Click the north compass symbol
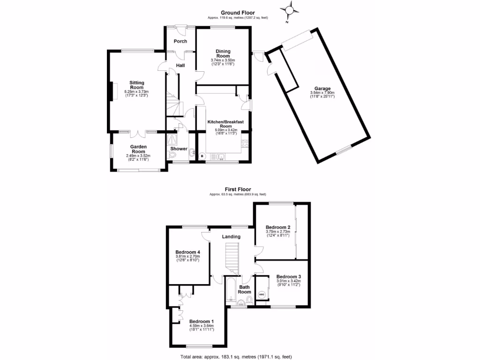pos(290,11)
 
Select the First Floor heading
pos(238,189)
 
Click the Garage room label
pos(322,89)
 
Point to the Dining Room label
pos(223,53)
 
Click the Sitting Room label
pos(136,85)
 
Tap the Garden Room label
pos(138,149)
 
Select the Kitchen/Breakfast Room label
pos(226,124)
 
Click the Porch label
pos(180,41)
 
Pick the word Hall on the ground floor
pos(180,65)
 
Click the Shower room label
pos(179,149)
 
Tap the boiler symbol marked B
pos(202,156)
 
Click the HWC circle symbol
pos(262,295)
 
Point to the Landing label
pos(231,237)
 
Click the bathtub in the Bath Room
pos(231,293)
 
